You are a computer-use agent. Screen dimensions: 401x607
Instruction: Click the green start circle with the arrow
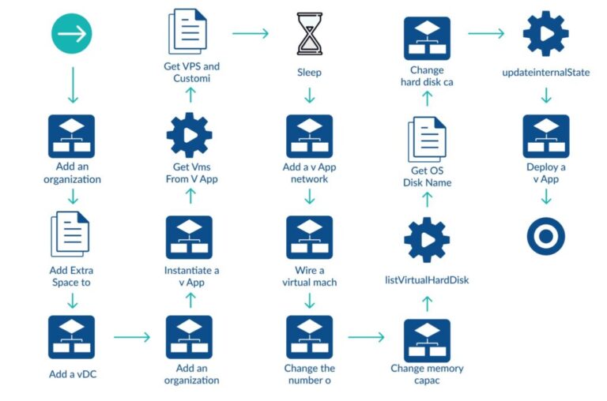[x=72, y=33]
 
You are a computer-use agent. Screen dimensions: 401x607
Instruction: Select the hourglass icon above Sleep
[x=309, y=33]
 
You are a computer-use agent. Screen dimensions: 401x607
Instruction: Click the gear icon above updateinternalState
[x=545, y=33]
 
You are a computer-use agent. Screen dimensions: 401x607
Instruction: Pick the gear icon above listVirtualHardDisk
[x=427, y=239]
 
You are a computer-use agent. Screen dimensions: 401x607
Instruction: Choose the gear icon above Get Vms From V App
[x=190, y=135]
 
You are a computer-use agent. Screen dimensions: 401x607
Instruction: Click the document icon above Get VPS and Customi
[x=189, y=31]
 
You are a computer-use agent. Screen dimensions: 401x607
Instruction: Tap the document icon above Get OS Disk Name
[x=427, y=138]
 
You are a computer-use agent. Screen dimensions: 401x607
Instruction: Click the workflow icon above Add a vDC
[x=71, y=337]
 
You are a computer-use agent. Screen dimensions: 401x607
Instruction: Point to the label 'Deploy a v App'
[x=545, y=173]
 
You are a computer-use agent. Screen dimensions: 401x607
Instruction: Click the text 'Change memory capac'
[x=427, y=374]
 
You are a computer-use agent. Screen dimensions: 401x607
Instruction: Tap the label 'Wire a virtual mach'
[x=309, y=276]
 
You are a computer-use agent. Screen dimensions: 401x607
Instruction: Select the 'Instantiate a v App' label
[x=190, y=276]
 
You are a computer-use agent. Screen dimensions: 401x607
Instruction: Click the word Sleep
[x=309, y=73]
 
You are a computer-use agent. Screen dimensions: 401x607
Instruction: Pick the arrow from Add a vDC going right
[x=131, y=337]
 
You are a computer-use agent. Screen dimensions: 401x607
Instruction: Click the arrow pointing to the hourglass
[x=251, y=33]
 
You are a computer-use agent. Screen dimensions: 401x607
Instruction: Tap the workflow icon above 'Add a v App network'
[x=309, y=135]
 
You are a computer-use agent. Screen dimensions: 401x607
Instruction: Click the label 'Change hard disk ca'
[x=427, y=76]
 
